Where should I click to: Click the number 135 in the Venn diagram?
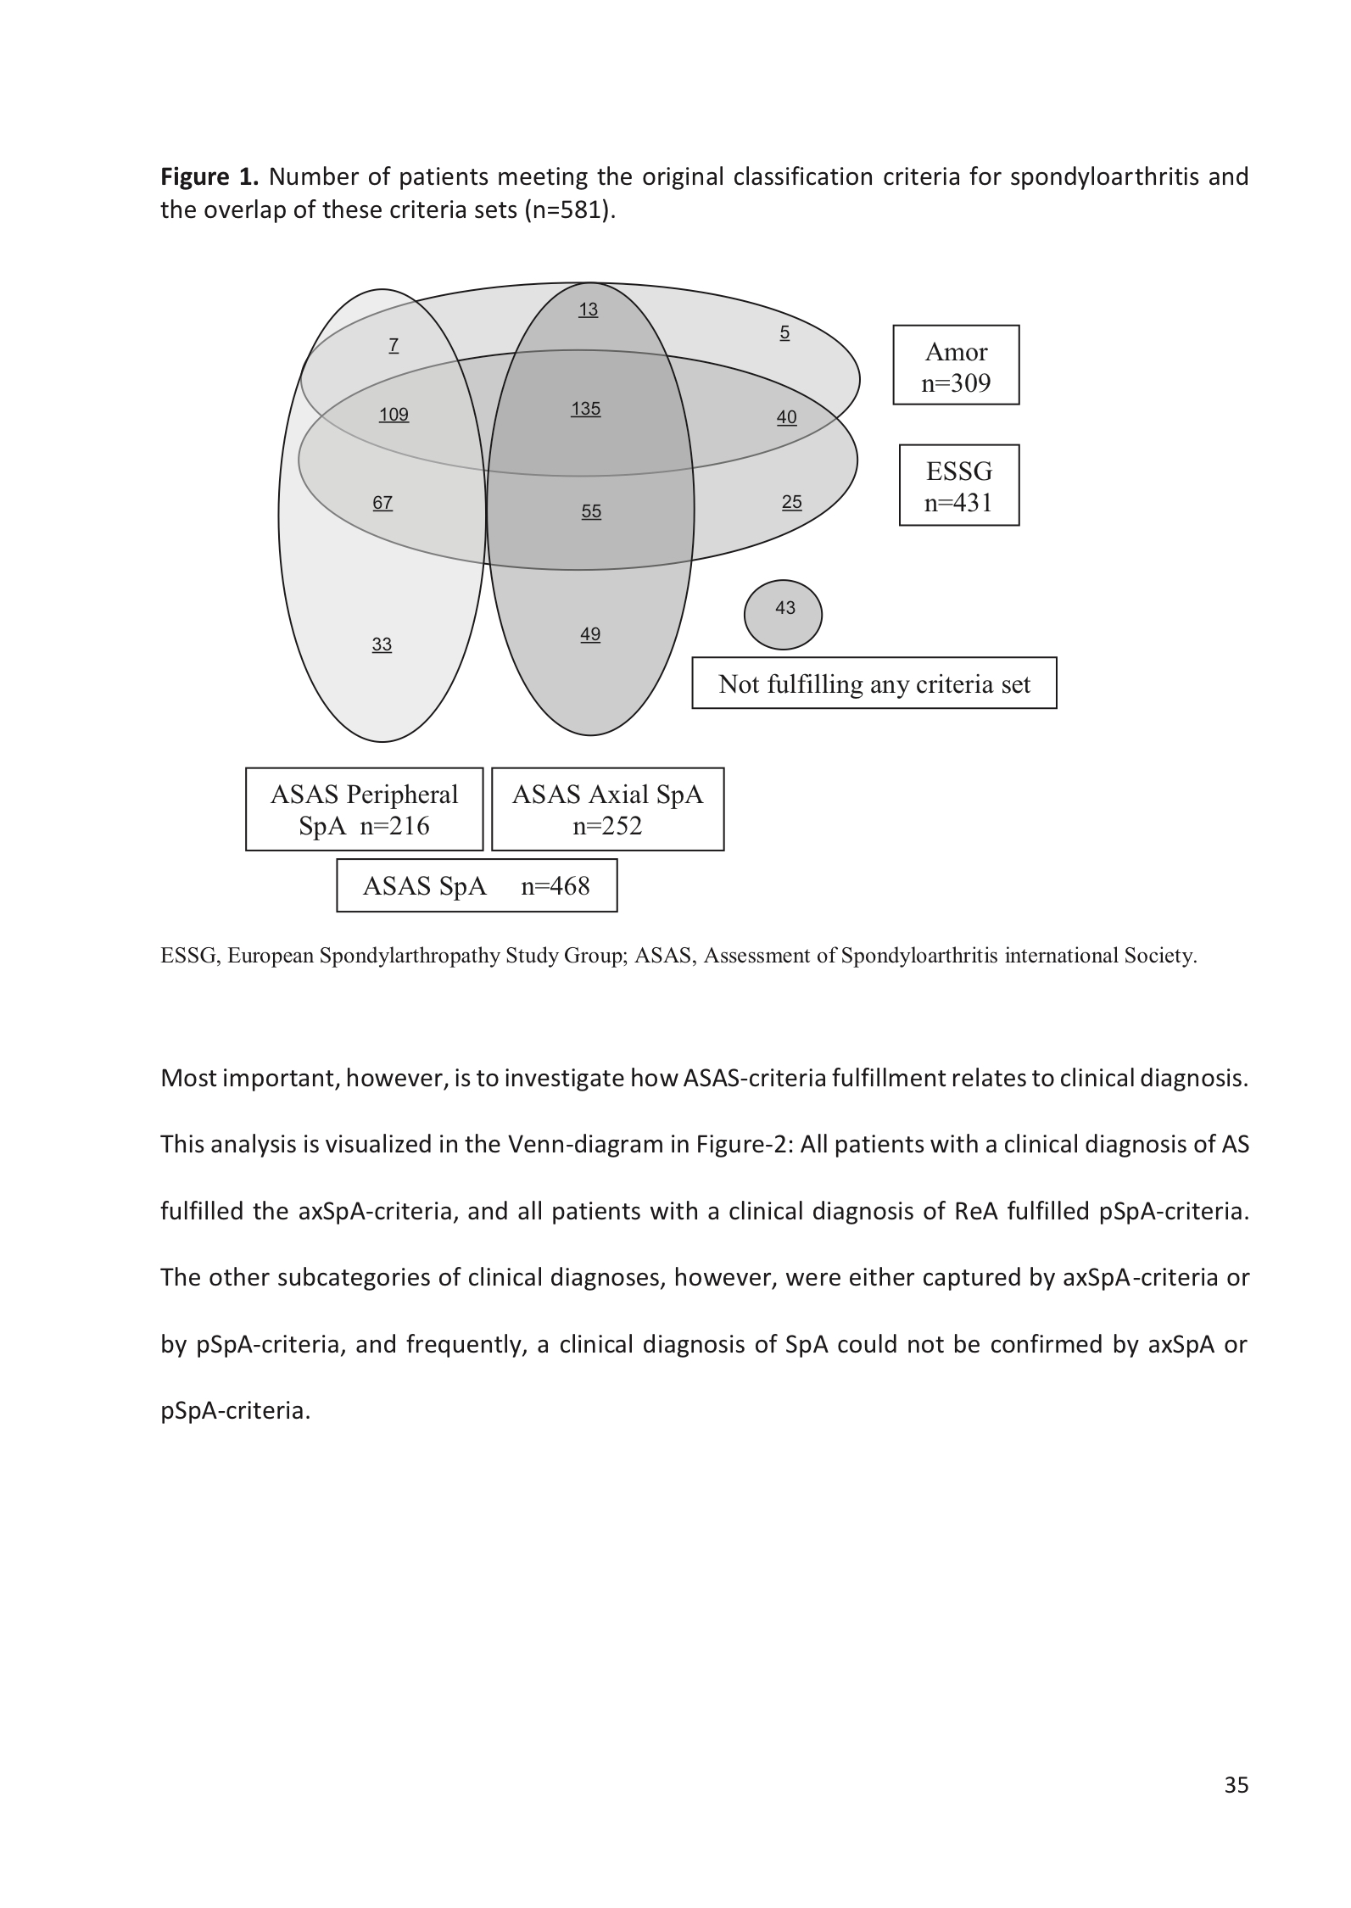tap(585, 409)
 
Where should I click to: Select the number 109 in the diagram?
tap(394, 415)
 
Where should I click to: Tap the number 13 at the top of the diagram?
tap(588, 310)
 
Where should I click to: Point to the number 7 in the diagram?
tap(394, 345)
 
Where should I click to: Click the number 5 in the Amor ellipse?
tap(784, 333)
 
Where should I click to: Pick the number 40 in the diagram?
tap(786, 417)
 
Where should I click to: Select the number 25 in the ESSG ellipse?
tap(791, 502)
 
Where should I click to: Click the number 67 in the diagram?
tap(382, 503)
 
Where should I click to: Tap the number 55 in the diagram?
tap(591, 511)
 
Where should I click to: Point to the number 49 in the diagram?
tap(590, 634)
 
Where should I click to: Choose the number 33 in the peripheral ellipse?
tap(382, 644)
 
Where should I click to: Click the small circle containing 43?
tap(783, 614)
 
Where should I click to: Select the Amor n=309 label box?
tap(956, 365)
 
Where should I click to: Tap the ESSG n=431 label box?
tap(958, 486)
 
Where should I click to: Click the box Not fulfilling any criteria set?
tap(874, 683)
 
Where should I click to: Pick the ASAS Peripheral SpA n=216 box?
tap(364, 809)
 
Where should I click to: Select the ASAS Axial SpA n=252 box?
tap(607, 809)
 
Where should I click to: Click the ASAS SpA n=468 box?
tap(477, 886)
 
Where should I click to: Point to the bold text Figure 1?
tap(209, 177)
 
